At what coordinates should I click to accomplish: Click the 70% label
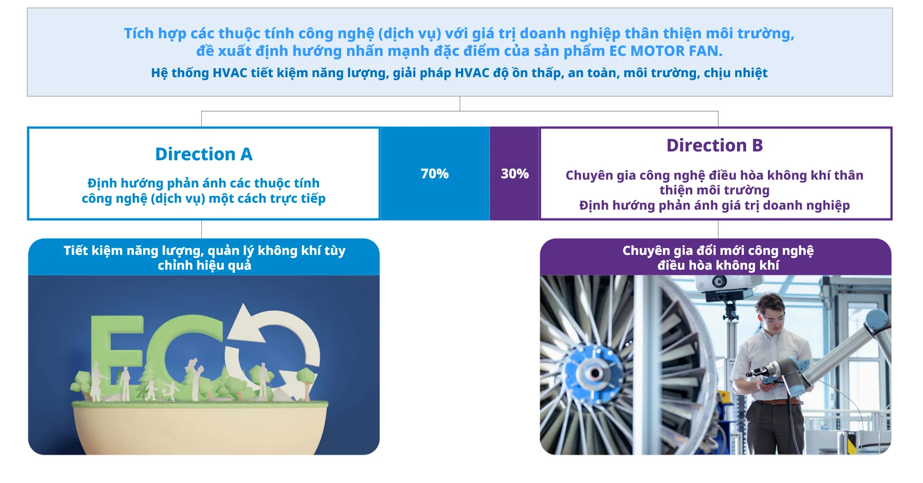pyautogui.click(x=434, y=174)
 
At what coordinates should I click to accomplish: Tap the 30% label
pyautogui.click(x=515, y=174)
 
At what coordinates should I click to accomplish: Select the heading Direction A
pyautogui.click(x=204, y=154)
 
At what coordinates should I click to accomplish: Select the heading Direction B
pyautogui.click(x=714, y=145)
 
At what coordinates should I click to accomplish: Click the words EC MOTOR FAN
pyautogui.click(x=665, y=51)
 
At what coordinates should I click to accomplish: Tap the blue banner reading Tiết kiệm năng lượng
pyautogui.click(x=204, y=257)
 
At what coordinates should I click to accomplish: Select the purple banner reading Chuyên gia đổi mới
pyautogui.click(x=716, y=257)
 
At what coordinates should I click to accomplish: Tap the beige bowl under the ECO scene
pyautogui.click(x=200, y=429)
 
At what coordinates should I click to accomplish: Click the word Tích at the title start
pyautogui.click(x=138, y=33)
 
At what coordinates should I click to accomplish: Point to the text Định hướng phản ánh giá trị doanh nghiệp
pyautogui.click(x=714, y=205)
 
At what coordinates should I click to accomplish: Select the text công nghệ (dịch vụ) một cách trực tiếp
pyautogui.click(x=204, y=199)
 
